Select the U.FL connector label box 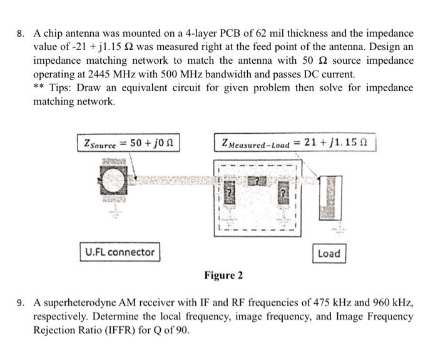pyautogui.click(x=119, y=252)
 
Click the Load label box pyautogui.click(x=328, y=253)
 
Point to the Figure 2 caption pyautogui.click(x=223, y=276)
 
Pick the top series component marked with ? pyautogui.click(x=255, y=181)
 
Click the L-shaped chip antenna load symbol pyautogui.click(x=327, y=197)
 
